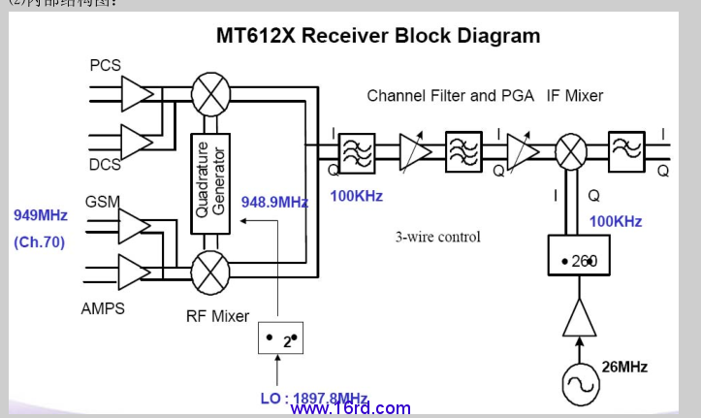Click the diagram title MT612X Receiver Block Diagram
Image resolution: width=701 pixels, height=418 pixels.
(377, 37)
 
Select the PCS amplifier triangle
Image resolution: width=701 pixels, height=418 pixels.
(137, 94)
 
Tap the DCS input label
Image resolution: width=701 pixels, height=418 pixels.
(105, 165)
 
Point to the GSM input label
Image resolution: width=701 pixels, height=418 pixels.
(103, 202)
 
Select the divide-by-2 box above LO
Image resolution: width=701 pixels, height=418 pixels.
(280, 340)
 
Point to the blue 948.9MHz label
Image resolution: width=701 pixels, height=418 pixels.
(274, 203)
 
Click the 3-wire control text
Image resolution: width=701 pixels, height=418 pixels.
(437, 236)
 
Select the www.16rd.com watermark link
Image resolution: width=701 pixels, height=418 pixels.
(350, 409)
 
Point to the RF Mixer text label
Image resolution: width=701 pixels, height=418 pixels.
(217, 315)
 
